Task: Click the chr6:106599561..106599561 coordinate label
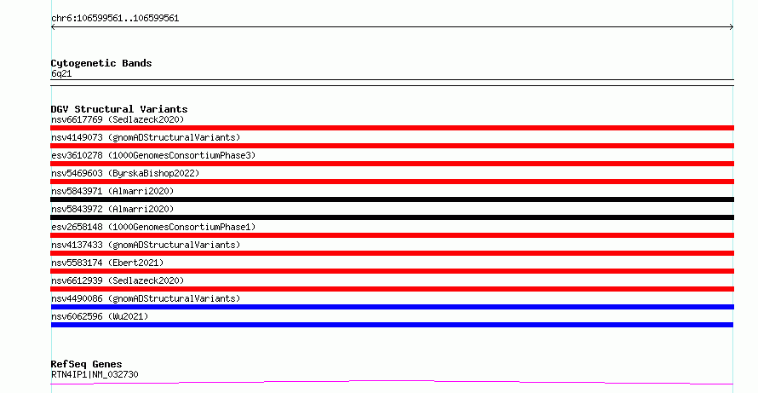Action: (x=115, y=19)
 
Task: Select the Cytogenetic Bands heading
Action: (x=101, y=63)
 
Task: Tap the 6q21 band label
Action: (x=61, y=73)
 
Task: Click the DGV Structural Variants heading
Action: (x=119, y=109)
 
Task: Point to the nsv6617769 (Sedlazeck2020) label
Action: (x=118, y=119)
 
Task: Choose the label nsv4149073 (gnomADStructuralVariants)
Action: (x=146, y=137)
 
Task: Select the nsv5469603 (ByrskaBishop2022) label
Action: (x=125, y=173)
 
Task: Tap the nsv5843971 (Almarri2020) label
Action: (x=112, y=191)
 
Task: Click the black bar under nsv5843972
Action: (x=392, y=217)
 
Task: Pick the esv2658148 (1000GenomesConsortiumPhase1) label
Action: (x=153, y=227)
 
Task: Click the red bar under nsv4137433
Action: (x=392, y=253)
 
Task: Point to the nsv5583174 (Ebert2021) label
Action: (x=107, y=263)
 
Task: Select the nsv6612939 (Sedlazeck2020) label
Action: (x=118, y=280)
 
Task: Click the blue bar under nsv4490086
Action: (x=392, y=307)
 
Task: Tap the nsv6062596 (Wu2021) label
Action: (x=100, y=316)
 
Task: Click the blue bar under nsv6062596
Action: (x=392, y=325)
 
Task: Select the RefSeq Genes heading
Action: (x=86, y=364)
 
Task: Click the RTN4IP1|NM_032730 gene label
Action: (x=95, y=374)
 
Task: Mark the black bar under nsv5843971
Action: (x=392, y=199)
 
